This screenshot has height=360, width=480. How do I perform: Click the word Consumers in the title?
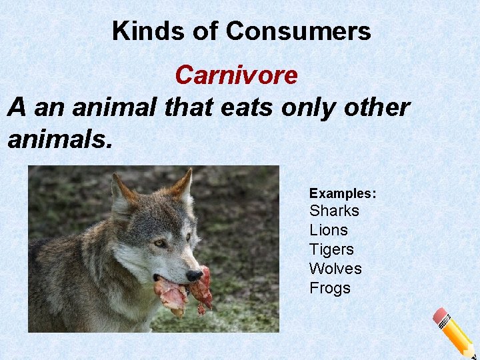tap(298, 31)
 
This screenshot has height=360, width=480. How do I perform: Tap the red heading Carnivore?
tap(236, 75)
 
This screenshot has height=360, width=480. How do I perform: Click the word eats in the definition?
tap(245, 107)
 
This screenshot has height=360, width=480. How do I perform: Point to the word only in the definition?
tap(307, 107)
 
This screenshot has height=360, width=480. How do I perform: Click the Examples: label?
tap(343, 193)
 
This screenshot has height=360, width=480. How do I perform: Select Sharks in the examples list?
tap(334, 211)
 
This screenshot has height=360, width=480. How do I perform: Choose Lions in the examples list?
tap(329, 230)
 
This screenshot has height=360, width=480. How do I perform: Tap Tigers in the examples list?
tap(331, 249)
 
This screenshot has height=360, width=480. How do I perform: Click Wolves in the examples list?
tap(335, 269)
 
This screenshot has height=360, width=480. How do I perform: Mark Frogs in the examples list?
tap(330, 288)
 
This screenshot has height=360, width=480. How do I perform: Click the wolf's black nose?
tap(194, 275)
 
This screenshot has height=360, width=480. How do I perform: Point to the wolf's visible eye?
tap(160, 243)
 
